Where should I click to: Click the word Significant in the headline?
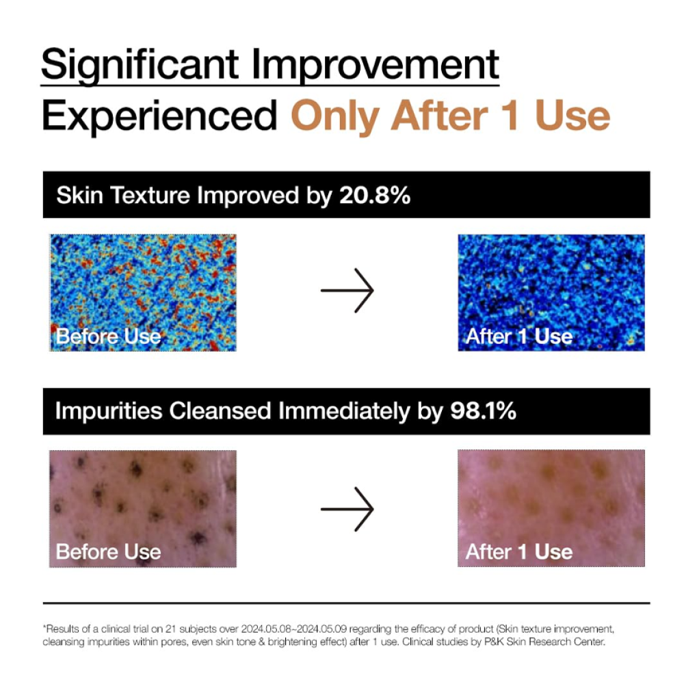pos(140,66)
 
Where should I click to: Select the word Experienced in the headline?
pos(159,116)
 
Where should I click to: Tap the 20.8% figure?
pos(375,195)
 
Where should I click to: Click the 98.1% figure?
pos(483,410)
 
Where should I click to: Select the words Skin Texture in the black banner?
pos(123,195)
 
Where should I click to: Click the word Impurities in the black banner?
pos(109,411)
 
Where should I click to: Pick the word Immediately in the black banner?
pos(344,411)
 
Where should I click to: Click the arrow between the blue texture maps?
pos(347,291)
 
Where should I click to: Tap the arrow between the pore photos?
pos(347,509)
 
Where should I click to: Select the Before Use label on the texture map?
pos(109,337)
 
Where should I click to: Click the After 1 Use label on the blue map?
pos(519,337)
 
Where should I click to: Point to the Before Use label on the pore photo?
pos(109,552)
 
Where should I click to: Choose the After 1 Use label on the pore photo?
pos(519,552)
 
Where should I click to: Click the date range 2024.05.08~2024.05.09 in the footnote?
pos(293,629)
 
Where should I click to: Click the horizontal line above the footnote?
pos(346,603)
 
